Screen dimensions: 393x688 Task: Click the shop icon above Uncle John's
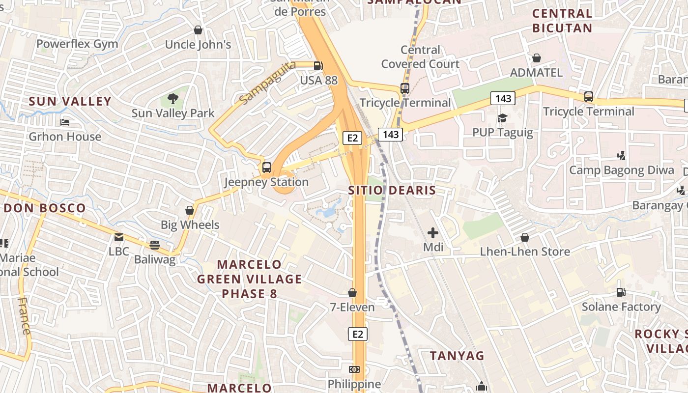pos(198,30)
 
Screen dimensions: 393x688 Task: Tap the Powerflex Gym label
pos(77,44)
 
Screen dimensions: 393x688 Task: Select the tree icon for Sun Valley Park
pos(172,99)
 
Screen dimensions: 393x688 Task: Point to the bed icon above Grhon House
pos(65,122)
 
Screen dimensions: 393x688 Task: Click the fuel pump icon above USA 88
pos(318,65)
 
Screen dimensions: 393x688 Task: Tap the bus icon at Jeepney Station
pos(266,168)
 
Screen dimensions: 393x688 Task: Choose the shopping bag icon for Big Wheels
pos(190,211)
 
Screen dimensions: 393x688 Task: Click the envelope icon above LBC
pos(119,237)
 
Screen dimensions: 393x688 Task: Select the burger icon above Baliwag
pos(155,245)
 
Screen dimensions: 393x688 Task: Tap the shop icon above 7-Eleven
pos(352,293)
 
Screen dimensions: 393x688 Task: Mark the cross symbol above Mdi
pos(433,232)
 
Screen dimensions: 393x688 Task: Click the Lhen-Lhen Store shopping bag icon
pos(525,237)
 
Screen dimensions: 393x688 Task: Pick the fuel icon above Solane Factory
pos(621,292)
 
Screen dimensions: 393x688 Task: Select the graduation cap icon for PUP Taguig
pos(502,118)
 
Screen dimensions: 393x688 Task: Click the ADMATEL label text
pos(536,73)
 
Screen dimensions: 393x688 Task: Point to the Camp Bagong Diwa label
pos(622,170)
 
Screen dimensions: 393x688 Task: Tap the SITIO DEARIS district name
pos(392,190)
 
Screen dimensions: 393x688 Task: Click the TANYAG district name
pos(457,356)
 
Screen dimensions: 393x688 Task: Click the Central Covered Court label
pos(420,57)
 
